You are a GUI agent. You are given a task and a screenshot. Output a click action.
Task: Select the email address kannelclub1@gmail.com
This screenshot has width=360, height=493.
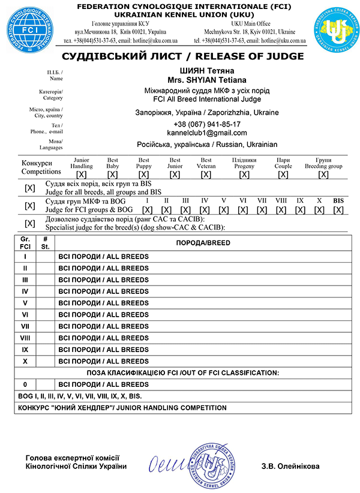coord(206,133)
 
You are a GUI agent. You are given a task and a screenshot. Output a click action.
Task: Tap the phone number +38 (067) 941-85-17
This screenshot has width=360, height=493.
coord(206,124)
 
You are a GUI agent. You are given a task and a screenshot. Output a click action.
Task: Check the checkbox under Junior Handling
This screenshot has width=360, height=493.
coord(82,175)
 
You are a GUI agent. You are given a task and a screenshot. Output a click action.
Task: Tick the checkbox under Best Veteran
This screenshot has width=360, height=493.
coord(206,175)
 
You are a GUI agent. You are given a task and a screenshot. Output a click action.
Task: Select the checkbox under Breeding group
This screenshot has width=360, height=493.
coord(323,175)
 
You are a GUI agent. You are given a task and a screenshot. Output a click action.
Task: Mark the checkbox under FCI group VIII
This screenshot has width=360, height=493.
coord(281,210)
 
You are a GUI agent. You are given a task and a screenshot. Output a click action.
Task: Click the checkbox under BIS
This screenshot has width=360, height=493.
coord(338,210)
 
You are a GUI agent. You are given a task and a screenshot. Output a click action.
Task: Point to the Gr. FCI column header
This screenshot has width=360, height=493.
coord(25,243)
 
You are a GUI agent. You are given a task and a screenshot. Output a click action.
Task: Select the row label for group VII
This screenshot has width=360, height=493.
coord(25,326)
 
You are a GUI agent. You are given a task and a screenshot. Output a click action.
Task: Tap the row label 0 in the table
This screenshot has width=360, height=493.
coord(25,384)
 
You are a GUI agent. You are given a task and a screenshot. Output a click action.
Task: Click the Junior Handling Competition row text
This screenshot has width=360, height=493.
coord(122,408)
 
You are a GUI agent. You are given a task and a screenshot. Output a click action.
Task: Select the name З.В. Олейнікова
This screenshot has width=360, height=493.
coord(290,466)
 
